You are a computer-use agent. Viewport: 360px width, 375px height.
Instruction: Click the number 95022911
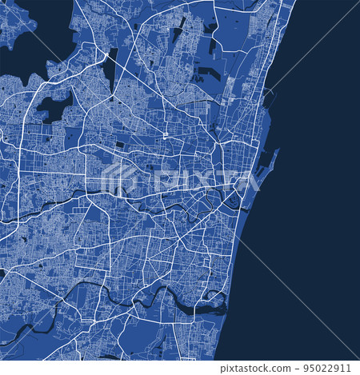(330, 368)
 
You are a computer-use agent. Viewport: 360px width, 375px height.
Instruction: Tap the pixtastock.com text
(263, 368)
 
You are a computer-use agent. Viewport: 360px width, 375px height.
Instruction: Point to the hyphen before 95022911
(300, 368)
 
